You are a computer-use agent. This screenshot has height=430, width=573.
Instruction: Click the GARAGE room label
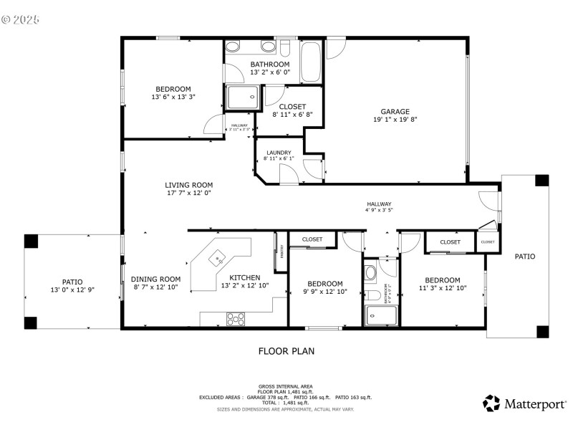395,111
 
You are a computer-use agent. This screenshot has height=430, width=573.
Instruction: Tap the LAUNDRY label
278,152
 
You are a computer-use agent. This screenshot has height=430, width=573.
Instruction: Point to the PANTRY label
281,251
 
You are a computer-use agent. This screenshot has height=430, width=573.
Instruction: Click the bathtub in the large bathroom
311,62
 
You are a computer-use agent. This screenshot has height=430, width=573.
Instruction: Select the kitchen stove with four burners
236,318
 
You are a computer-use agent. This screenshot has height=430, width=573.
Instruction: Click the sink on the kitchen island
218,256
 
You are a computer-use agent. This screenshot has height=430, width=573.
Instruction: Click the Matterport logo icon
491,403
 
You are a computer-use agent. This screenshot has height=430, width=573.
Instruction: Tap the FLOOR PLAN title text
286,351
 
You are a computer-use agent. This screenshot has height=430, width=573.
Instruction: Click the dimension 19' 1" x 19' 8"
395,120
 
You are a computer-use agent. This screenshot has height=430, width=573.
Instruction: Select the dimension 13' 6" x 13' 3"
173,97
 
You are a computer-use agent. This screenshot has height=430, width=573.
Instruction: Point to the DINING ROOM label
155,279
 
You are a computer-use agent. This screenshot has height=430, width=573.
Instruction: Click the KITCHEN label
244,278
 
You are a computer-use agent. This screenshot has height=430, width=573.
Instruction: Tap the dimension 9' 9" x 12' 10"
325,292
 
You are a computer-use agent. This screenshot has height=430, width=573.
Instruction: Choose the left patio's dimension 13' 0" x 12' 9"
72,291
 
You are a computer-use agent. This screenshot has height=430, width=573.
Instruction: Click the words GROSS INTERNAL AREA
286,386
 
